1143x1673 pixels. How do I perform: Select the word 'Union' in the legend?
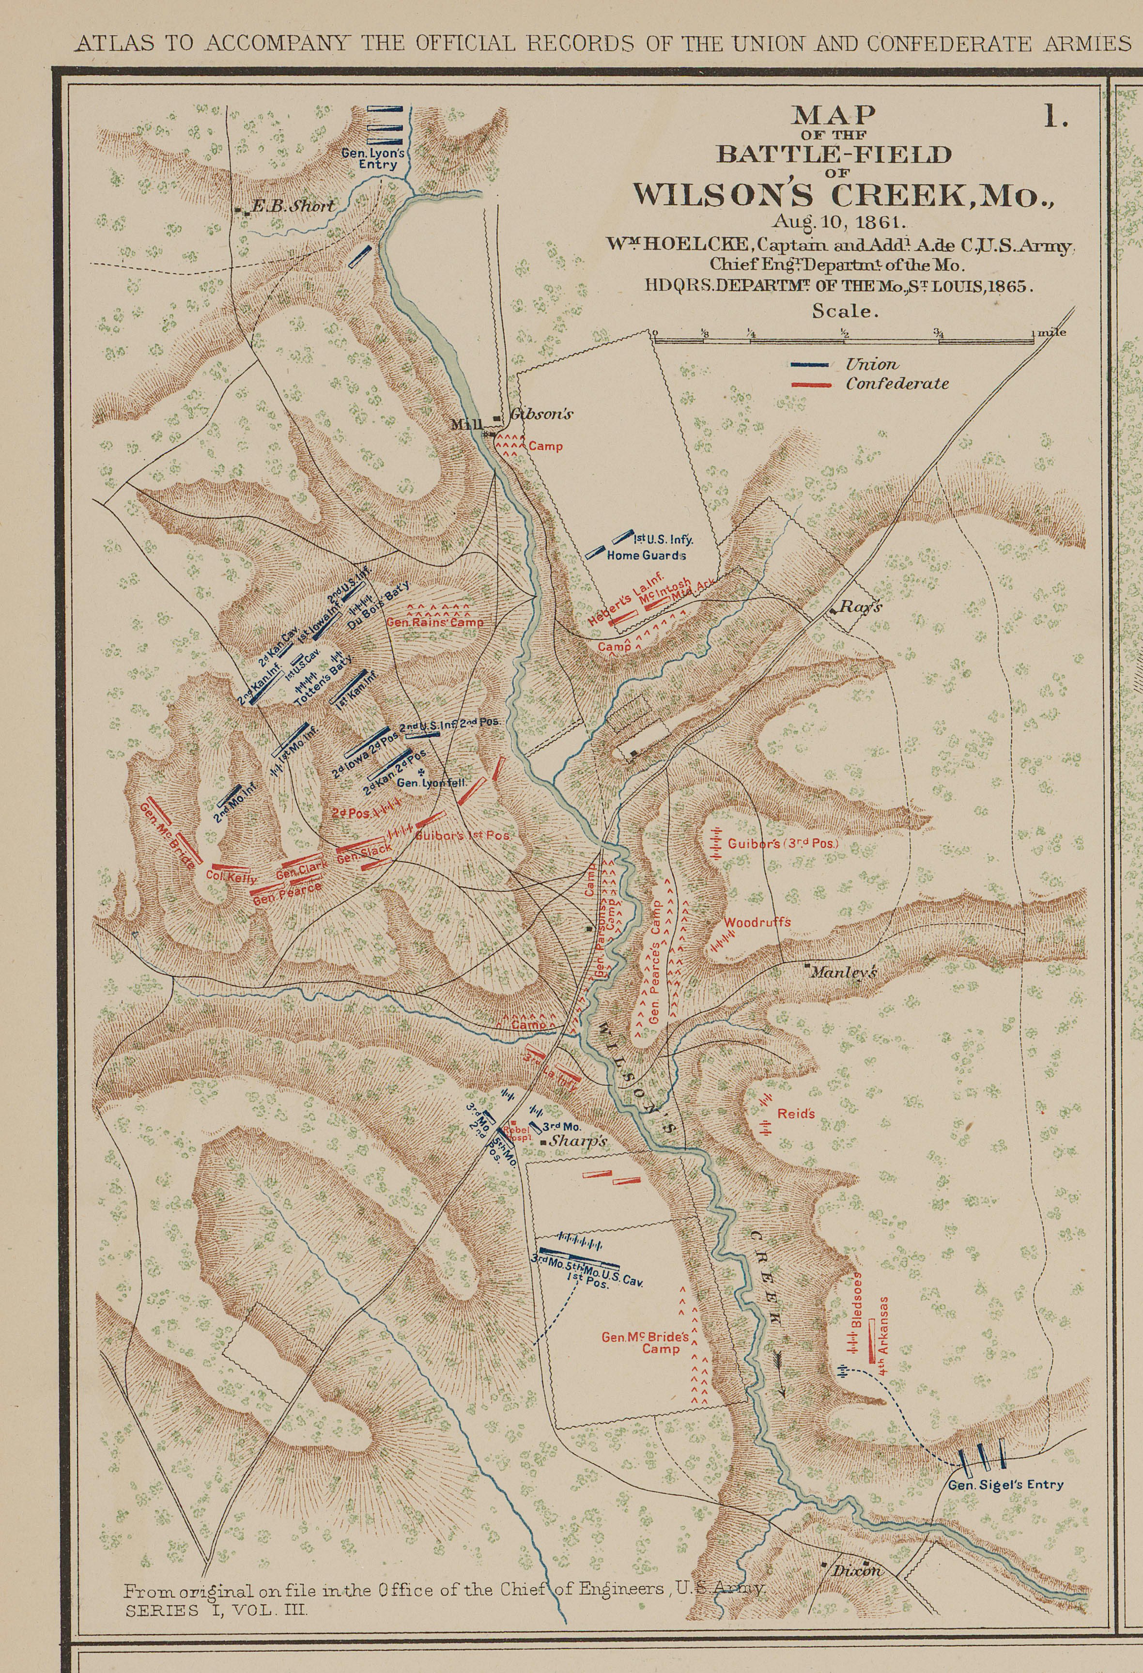[x=872, y=364]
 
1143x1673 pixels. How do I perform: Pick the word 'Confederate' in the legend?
[x=896, y=384]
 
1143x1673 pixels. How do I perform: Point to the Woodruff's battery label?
[x=757, y=922]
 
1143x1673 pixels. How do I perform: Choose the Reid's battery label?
[x=795, y=1114]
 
